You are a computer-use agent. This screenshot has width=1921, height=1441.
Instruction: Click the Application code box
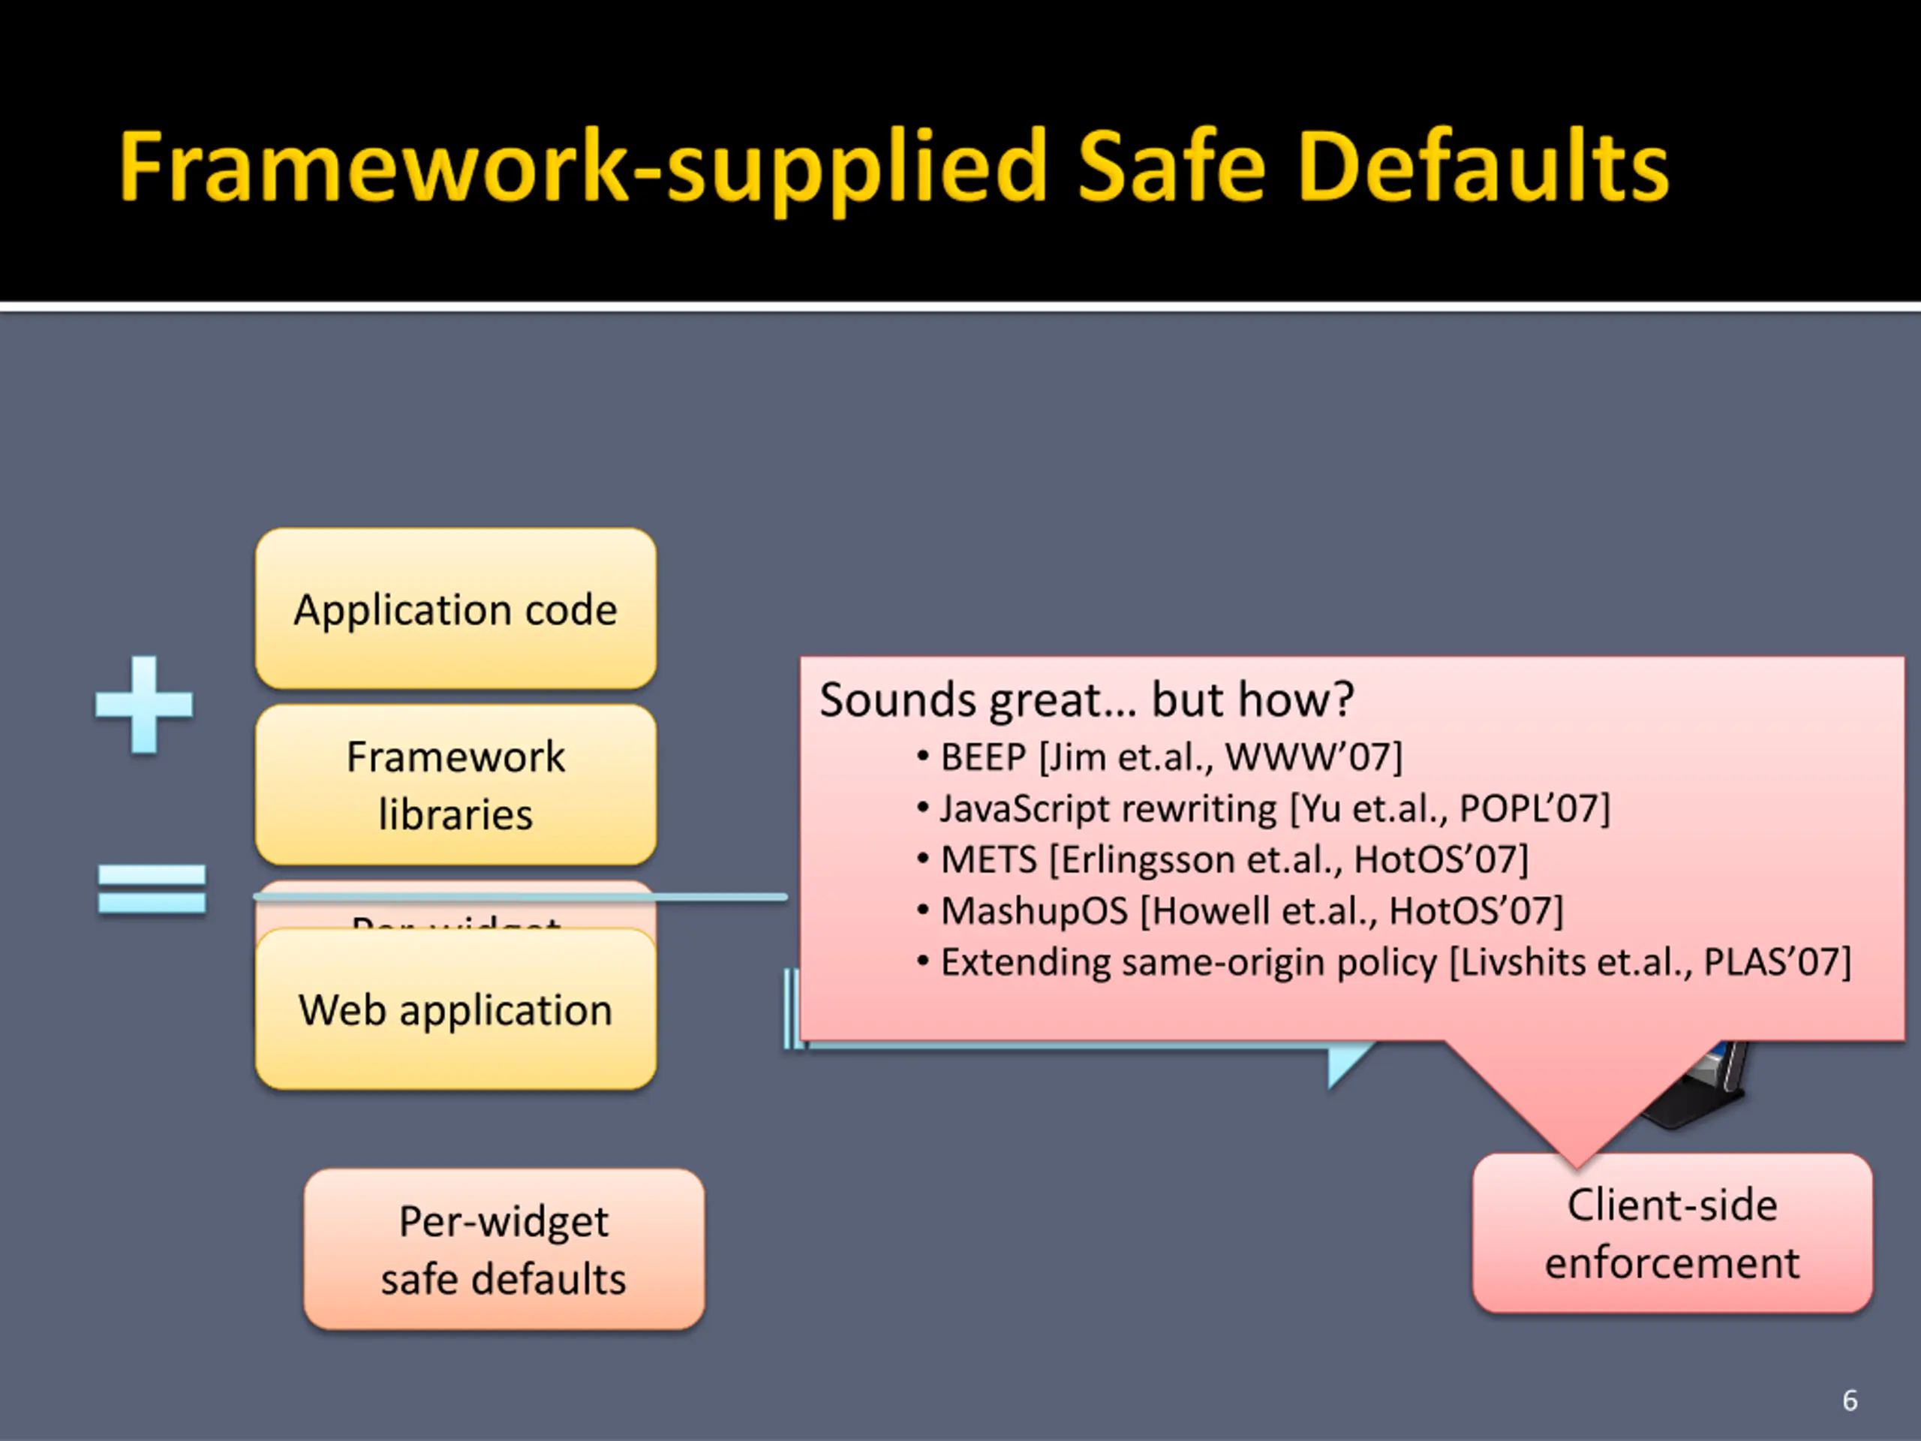point(455,609)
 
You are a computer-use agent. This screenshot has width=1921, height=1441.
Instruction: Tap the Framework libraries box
point(455,784)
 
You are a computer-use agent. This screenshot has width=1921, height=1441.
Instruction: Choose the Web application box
point(455,1009)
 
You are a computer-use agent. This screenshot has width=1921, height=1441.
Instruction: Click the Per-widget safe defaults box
point(504,1249)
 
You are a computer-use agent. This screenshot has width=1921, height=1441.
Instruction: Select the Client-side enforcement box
point(1672,1233)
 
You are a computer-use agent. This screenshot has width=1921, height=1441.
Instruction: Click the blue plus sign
point(143,705)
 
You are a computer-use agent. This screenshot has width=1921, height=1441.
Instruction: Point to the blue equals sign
point(152,889)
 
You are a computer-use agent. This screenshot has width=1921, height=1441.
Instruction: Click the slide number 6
point(1850,1400)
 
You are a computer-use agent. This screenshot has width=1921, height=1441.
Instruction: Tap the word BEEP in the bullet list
point(984,757)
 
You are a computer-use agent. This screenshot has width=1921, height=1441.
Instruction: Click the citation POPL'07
point(1534,808)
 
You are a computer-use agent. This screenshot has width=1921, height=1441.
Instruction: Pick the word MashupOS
point(1034,911)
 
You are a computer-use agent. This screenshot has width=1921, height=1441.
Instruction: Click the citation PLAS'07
point(1777,962)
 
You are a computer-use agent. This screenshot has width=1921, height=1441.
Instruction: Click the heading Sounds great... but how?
point(1087,700)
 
